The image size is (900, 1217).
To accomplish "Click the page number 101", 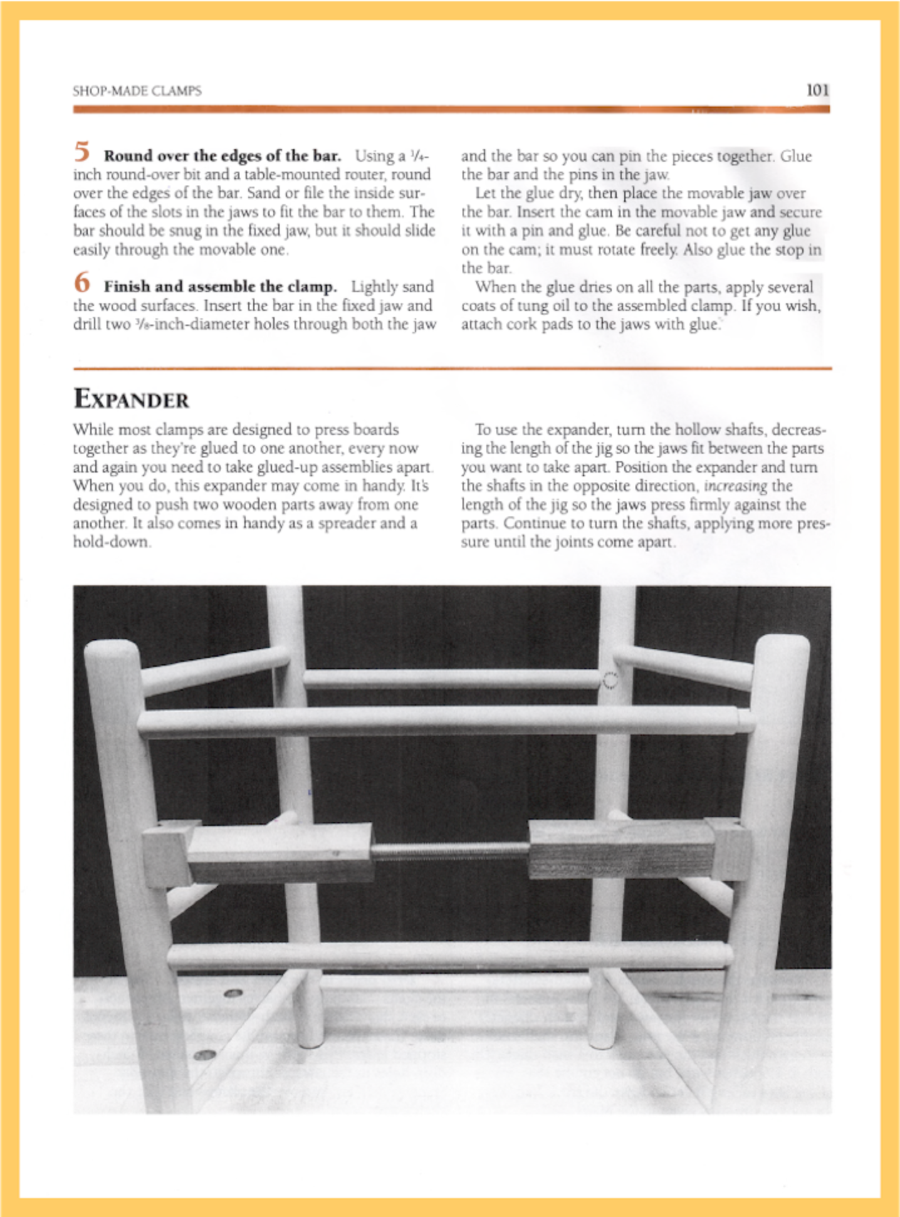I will [x=817, y=90].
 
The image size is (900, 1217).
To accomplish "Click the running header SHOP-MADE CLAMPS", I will [x=137, y=91].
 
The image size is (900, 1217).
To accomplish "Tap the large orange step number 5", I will [x=82, y=152].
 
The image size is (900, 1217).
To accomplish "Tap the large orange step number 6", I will [x=82, y=283].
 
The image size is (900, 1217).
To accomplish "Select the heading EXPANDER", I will [x=131, y=399].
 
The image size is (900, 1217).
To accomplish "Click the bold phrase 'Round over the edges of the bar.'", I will [x=222, y=155].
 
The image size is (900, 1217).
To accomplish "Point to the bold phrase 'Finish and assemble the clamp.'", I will [x=220, y=286].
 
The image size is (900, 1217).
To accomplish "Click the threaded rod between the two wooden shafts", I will [x=451, y=850].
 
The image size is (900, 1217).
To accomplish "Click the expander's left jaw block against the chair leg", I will [x=165, y=854].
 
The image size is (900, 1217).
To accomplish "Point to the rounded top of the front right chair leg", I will [x=784, y=645].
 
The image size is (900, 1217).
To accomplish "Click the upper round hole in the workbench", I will [x=233, y=993].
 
